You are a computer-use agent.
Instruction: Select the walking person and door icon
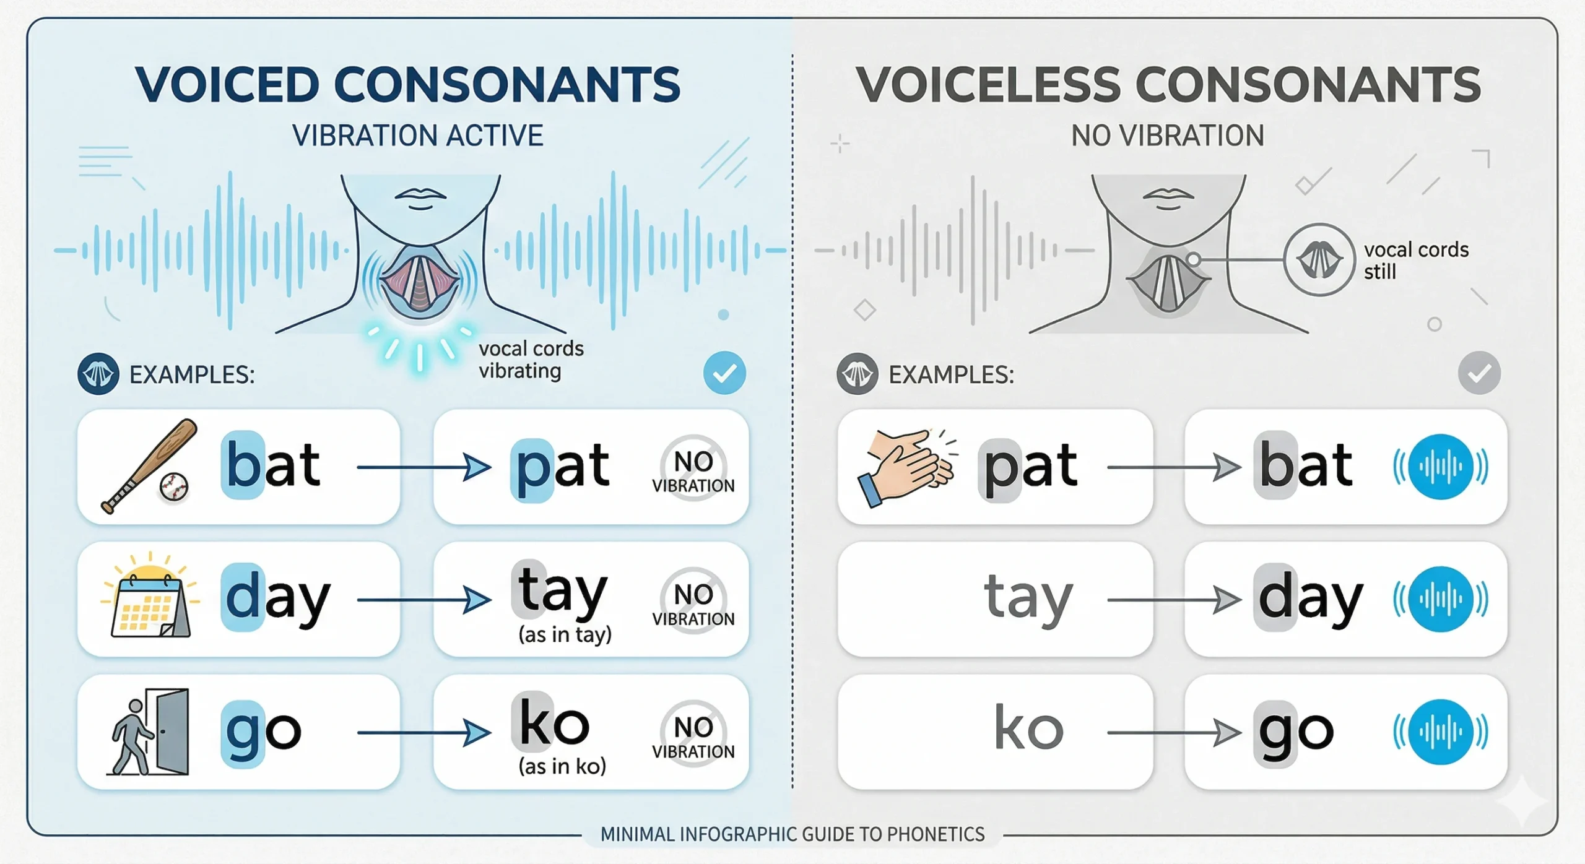[x=149, y=732]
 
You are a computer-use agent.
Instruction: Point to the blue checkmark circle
[x=724, y=373]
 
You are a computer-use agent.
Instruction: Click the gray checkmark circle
[x=1479, y=373]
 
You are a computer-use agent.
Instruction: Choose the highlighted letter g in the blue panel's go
[x=243, y=734]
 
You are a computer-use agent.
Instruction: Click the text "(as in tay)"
[x=565, y=634]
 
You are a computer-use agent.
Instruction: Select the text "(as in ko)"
[x=562, y=767]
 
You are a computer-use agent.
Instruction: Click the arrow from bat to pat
[x=424, y=467]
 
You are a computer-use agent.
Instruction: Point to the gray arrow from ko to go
[x=1175, y=733]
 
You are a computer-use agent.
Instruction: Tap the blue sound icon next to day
[x=1441, y=599]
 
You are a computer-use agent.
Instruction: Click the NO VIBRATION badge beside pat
[x=693, y=468]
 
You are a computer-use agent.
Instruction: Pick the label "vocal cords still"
[x=1416, y=261]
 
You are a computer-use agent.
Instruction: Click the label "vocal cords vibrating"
[x=531, y=360]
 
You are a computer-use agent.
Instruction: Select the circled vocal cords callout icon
[x=1319, y=260]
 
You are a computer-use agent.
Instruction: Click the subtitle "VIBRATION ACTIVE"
[x=418, y=136]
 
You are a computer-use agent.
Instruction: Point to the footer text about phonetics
[x=792, y=834]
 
